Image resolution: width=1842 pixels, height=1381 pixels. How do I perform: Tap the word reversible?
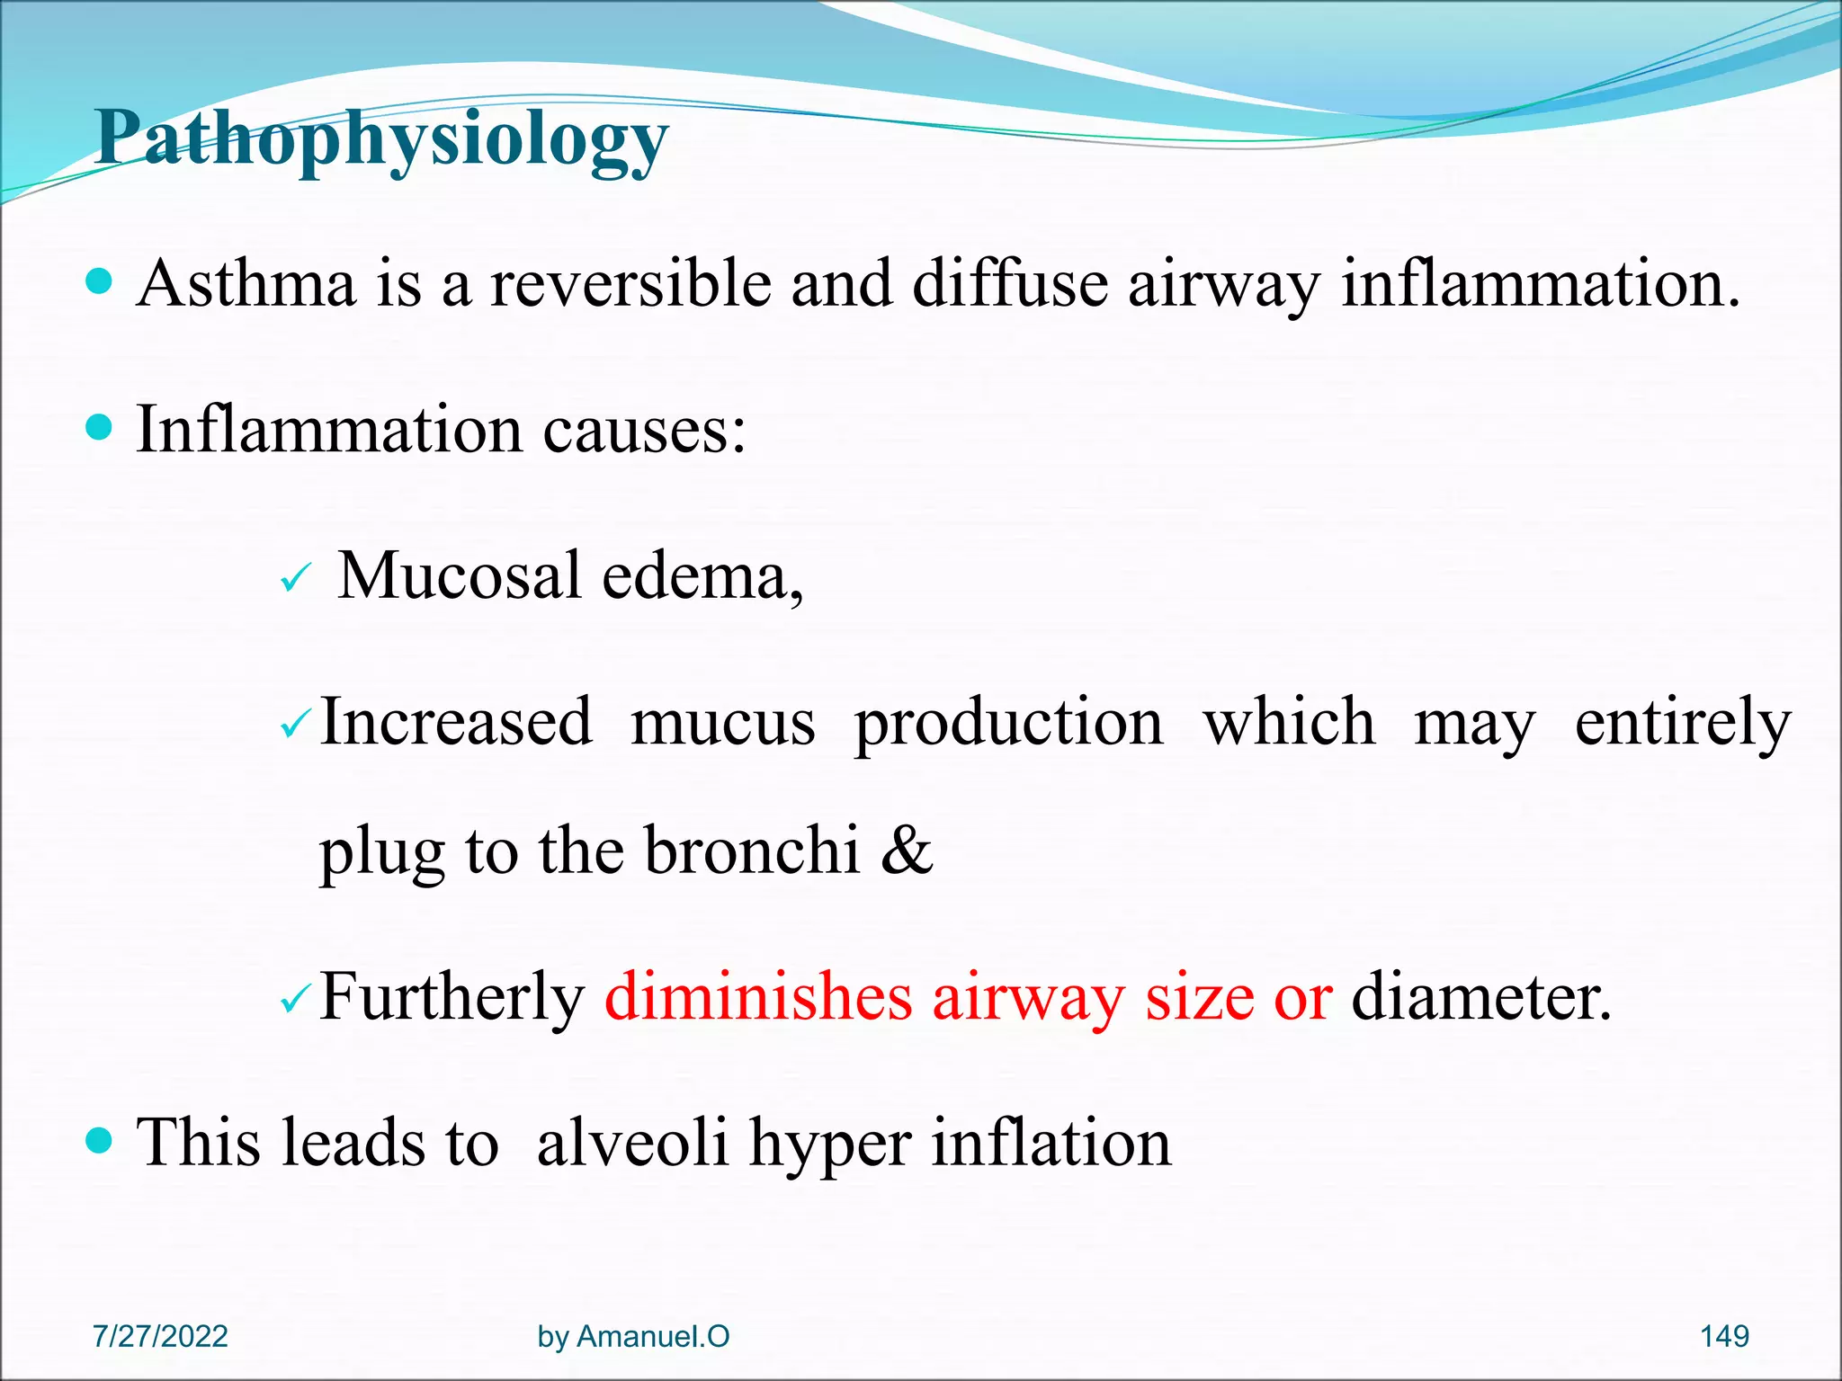pos(630,285)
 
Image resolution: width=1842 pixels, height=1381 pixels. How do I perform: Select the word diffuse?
pos(1010,285)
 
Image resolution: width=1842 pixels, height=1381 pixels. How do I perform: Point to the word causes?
pos(644,431)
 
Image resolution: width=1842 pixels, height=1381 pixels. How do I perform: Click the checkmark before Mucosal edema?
pos(295,578)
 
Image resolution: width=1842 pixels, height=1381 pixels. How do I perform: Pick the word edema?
pos(702,576)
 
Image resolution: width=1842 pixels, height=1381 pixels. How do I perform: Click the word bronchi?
pos(752,851)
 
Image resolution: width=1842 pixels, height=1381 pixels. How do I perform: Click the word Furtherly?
pos(452,998)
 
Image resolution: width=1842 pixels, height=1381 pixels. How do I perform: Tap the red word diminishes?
pos(758,998)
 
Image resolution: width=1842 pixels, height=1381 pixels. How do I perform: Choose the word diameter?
pos(1481,998)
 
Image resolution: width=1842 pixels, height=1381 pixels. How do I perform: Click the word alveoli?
pos(632,1144)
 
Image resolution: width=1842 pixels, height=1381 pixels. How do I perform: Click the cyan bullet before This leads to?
pos(99,1142)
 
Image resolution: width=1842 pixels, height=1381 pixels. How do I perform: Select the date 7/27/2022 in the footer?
pos(160,1336)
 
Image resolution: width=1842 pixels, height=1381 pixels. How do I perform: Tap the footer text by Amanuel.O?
pos(633,1337)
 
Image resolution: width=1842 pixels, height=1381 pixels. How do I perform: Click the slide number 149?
pos(1724,1336)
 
